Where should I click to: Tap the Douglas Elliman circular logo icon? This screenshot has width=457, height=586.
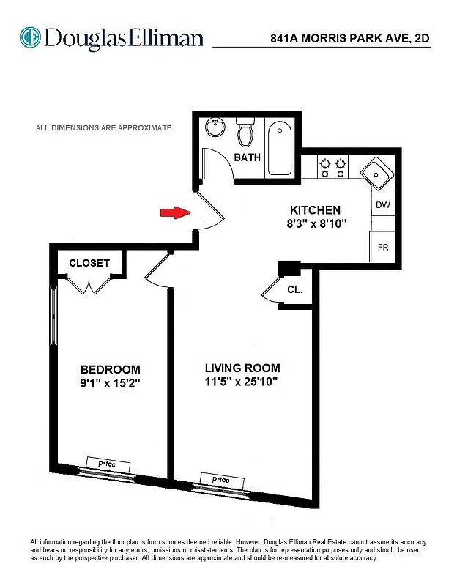(x=30, y=37)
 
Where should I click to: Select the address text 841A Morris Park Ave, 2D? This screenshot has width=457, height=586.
(x=351, y=40)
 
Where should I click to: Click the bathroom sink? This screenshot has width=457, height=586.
(x=215, y=127)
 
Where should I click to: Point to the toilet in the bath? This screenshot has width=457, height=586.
(x=245, y=133)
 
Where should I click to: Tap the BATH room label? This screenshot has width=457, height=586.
(x=248, y=157)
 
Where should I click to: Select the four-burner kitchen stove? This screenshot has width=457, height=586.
(x=332, y=167)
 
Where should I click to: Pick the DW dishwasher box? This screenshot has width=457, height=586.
(x=383, y=205)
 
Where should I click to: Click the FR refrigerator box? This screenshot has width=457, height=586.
(x=383, y=247)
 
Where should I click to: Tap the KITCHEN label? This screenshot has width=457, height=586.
(x=315, y=209)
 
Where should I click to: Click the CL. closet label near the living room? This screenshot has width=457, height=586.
(x=295, y=290)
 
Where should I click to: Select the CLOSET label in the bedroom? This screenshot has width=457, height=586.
(x=89, y=263)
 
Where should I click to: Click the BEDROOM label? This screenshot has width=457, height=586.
(x=110, y=369)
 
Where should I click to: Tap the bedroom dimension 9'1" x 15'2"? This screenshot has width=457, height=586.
(x=110, y=382)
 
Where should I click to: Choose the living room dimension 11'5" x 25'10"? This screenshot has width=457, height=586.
(x=242, y=382)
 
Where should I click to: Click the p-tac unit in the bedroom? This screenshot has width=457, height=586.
(x=108, y=464)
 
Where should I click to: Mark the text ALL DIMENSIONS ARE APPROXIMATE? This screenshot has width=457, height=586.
(x=104, y=127)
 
